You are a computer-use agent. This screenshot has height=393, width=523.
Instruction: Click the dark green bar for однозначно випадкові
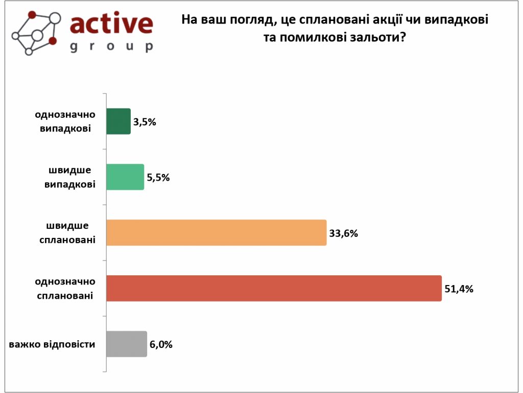[118, 122]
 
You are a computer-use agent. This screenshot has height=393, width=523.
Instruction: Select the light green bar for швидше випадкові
[125, 177]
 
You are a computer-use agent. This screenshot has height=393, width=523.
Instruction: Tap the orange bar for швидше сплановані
[216, 233]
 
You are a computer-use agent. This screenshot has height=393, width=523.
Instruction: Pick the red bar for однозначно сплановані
[274, 288]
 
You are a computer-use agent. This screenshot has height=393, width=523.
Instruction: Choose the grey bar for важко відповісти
[126, 344]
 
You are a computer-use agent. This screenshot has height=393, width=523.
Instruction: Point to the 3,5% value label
[144, 122]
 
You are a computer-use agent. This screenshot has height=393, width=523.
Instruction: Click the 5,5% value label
[158, 178]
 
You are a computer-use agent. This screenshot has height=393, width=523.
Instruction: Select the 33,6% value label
[344, 233]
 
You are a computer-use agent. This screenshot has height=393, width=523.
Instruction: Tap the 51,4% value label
[459, 289]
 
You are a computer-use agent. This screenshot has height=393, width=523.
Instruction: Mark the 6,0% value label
[161, 344]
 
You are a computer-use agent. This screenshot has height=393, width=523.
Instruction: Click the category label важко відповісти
[52, 344]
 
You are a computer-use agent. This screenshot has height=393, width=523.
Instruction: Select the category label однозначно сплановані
[65, 288]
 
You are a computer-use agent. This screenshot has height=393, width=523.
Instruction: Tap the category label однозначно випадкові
[65, 121]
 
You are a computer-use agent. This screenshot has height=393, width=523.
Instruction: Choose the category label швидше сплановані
[67, 232]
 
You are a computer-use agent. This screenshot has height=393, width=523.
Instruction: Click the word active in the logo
[111, 24]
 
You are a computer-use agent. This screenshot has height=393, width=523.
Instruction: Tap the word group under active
[111, 47]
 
